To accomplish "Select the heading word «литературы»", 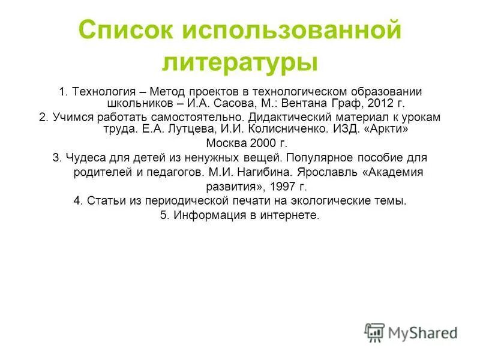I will tap(239, 62).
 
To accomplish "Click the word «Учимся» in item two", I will tap(72, 117).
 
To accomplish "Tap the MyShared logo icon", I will tap(374, 332).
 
